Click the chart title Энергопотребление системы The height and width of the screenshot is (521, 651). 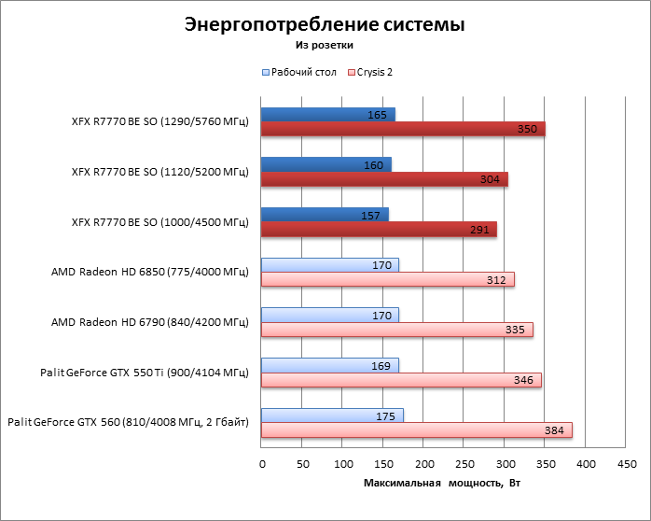pos(325,24)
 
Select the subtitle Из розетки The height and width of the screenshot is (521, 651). pos(325,44)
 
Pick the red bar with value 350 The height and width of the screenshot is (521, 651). pos(403,129)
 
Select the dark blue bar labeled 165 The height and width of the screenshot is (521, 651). pos(327,115)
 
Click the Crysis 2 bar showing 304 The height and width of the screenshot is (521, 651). pos(384,179)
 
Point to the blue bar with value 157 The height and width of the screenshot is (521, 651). pos(324,215)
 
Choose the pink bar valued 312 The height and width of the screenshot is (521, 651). pos(387,279)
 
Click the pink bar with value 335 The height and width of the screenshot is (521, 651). pos(396,330)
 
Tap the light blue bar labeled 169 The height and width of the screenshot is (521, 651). pos(329,365)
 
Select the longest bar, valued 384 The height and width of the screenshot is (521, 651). pos(416,429)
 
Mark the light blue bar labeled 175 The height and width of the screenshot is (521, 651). pos(332,415)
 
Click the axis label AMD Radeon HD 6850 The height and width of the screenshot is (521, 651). pos(150,272)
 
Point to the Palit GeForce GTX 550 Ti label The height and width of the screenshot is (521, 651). pos(144,373)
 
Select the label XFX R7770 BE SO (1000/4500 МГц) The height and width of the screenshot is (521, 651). pos(159,221)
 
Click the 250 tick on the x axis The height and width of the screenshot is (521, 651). pos(464,464)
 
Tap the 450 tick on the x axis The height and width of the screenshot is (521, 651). pos(625,464)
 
